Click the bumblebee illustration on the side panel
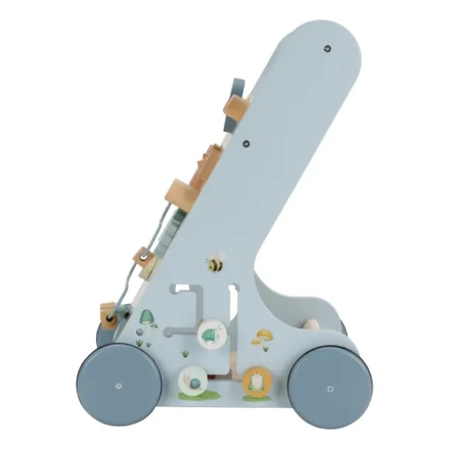point(216,263)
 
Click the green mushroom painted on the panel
point(147,317)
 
